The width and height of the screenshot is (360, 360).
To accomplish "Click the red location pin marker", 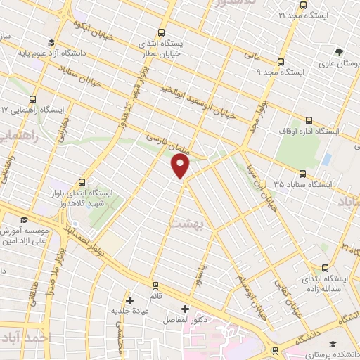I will click(x=181, y=167).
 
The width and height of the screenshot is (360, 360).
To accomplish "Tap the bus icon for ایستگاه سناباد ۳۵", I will click(x=302, y=173).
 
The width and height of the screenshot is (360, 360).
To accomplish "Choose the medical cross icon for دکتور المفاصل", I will click(x=186, y=309).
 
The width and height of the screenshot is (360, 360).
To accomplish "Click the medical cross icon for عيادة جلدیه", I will click(x=129, y=300).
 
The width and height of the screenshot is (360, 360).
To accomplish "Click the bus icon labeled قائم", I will click(x=156, y=285).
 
